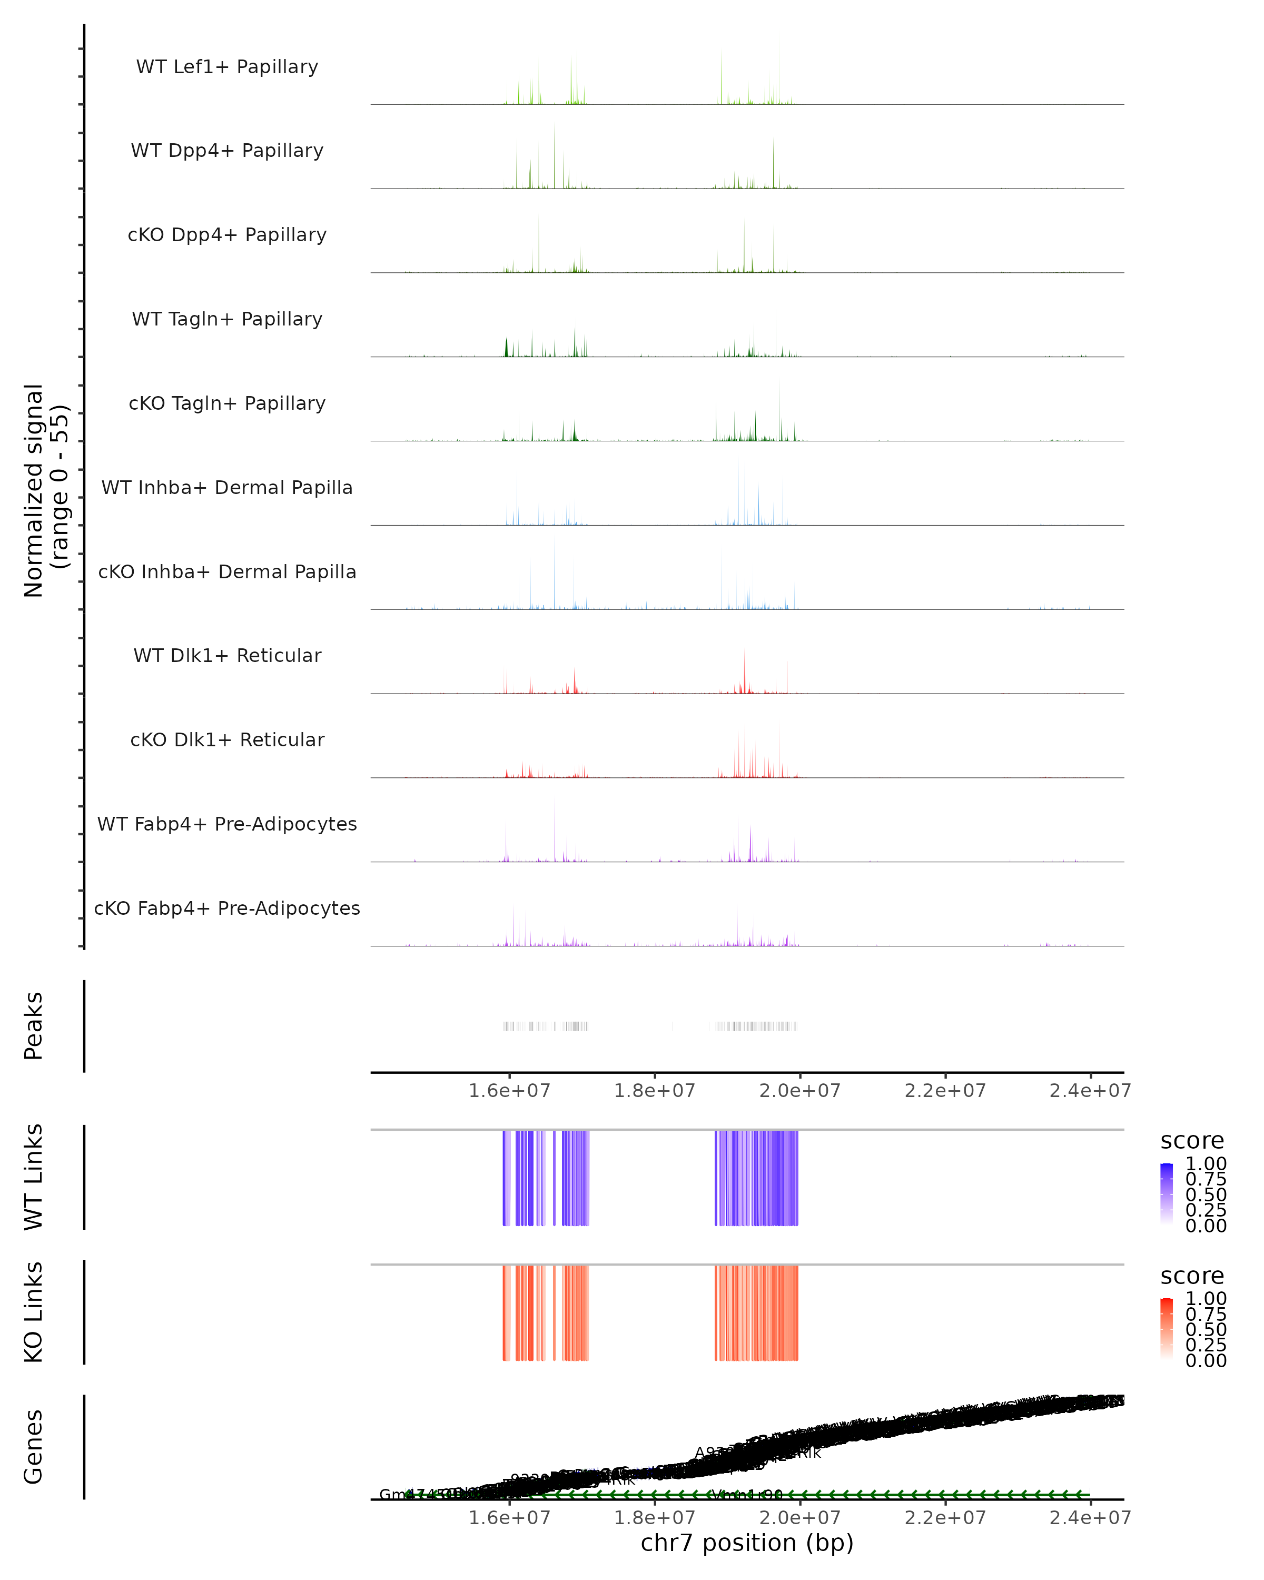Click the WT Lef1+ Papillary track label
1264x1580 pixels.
click(x=227, y=67)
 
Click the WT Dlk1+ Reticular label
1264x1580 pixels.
click(x=227, y=655)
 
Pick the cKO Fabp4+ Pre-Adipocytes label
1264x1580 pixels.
click(x=227, y=908)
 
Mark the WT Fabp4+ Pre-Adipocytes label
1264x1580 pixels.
click(x=227, y=824)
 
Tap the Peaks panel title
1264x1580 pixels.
click(x=34, y=1026)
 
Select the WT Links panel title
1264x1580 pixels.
click(x=34, y=1177)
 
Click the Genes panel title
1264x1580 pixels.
click(x=34, y=1447)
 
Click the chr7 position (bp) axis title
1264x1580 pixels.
click(x=747, y=1543)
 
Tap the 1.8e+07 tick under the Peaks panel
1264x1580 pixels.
click(x=654, y=1091)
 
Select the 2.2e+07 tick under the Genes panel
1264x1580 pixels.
click(x=945, y=1518)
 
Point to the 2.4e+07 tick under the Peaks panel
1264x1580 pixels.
click(x=1090, y=1091)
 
